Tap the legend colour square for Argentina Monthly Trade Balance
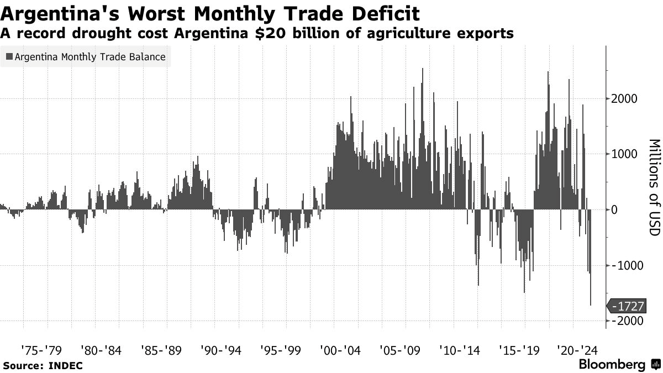click(9, 56)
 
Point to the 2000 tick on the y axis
click(624, 99)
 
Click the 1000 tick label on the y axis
click(624, 154)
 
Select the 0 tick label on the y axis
click(613, 210)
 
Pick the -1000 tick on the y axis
click(622, 265)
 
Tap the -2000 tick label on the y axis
click(622, 321)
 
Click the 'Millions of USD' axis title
click(655, 188)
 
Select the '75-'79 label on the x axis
click(41, 350)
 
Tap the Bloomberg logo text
click(612, 365)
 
